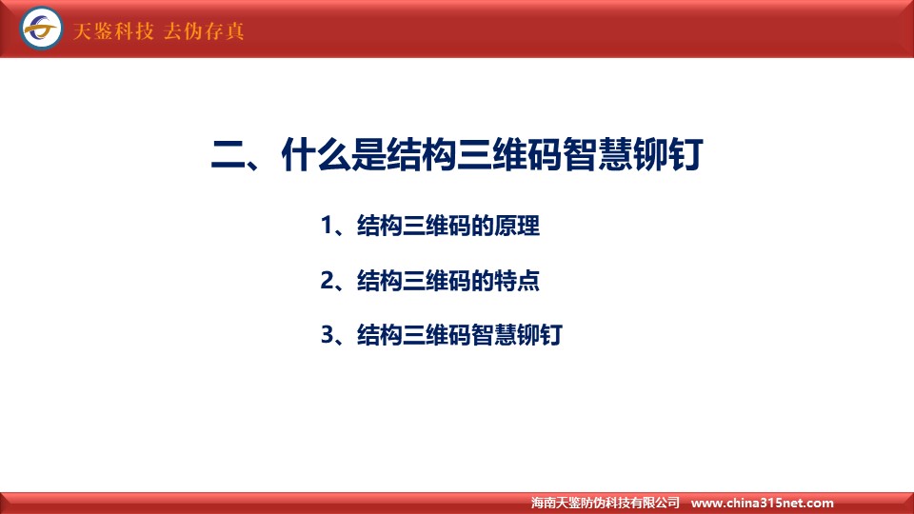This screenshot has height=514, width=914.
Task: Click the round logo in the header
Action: [x=41, y=28]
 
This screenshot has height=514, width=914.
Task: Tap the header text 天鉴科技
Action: [x=113, y=30]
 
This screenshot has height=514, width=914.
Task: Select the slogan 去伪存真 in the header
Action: [x=204, y=30]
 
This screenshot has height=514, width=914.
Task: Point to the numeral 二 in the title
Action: [x=228, y=155]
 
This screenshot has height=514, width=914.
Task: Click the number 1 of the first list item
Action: [x=327, y=226]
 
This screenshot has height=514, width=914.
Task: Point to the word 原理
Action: [x=517, y=226]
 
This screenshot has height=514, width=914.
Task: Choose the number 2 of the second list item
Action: [x=327, y=280]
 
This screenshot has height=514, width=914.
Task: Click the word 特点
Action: [x=517, y=280]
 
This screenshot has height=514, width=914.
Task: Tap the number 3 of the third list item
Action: [x=327, y=335]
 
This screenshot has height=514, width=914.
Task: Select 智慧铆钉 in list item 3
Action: [x=517, y=335]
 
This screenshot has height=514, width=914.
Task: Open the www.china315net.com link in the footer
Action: [x=763, y=503]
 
